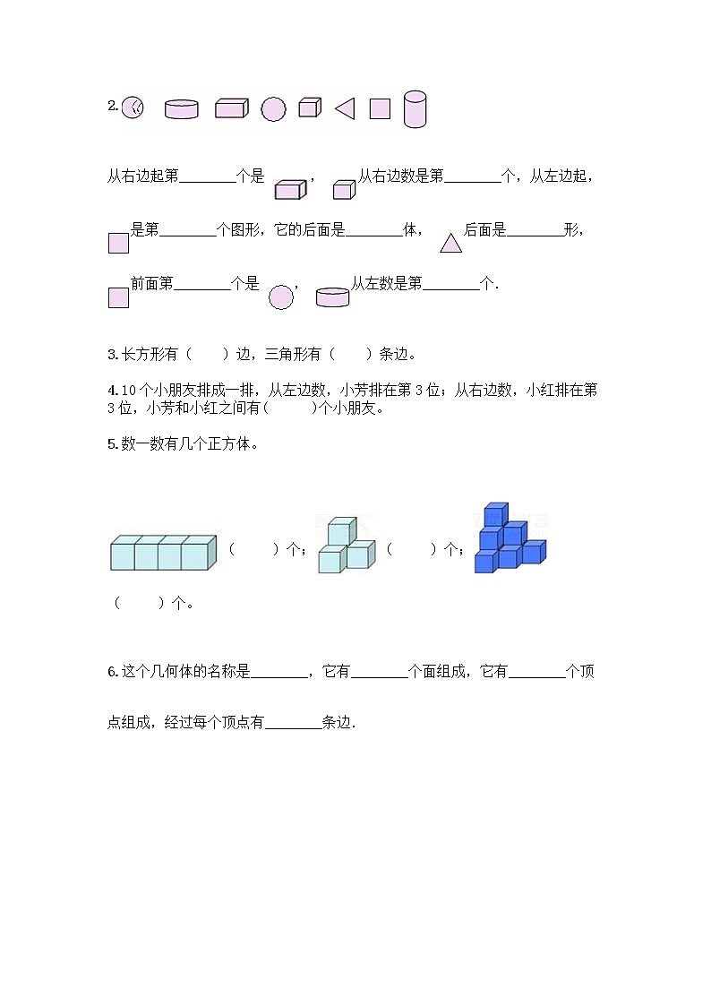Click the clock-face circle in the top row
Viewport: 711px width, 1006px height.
(133, 107)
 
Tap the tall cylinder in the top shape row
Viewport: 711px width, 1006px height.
(415, 108)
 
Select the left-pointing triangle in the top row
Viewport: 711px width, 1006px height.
(345, 108)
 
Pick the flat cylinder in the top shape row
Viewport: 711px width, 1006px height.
(182, 109)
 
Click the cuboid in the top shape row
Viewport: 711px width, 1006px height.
(231, 108)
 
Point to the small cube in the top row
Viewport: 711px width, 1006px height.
(309, 107)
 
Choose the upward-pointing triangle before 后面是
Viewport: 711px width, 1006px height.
(450, 241)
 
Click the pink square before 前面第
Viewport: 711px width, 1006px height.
(118, 297)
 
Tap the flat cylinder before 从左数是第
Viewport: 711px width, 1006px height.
(332, 297)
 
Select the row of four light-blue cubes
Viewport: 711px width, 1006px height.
(163, 552)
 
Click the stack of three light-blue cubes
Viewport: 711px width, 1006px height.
(345, 545)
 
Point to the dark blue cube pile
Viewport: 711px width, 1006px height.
(509, 539)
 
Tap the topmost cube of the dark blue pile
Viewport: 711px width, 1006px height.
(495, 514)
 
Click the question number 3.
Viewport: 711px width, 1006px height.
(111, 355)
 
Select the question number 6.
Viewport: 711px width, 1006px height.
(111, 672)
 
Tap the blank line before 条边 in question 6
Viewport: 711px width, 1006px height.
(294, 723)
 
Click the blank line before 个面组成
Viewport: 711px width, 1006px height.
(379, 672)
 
